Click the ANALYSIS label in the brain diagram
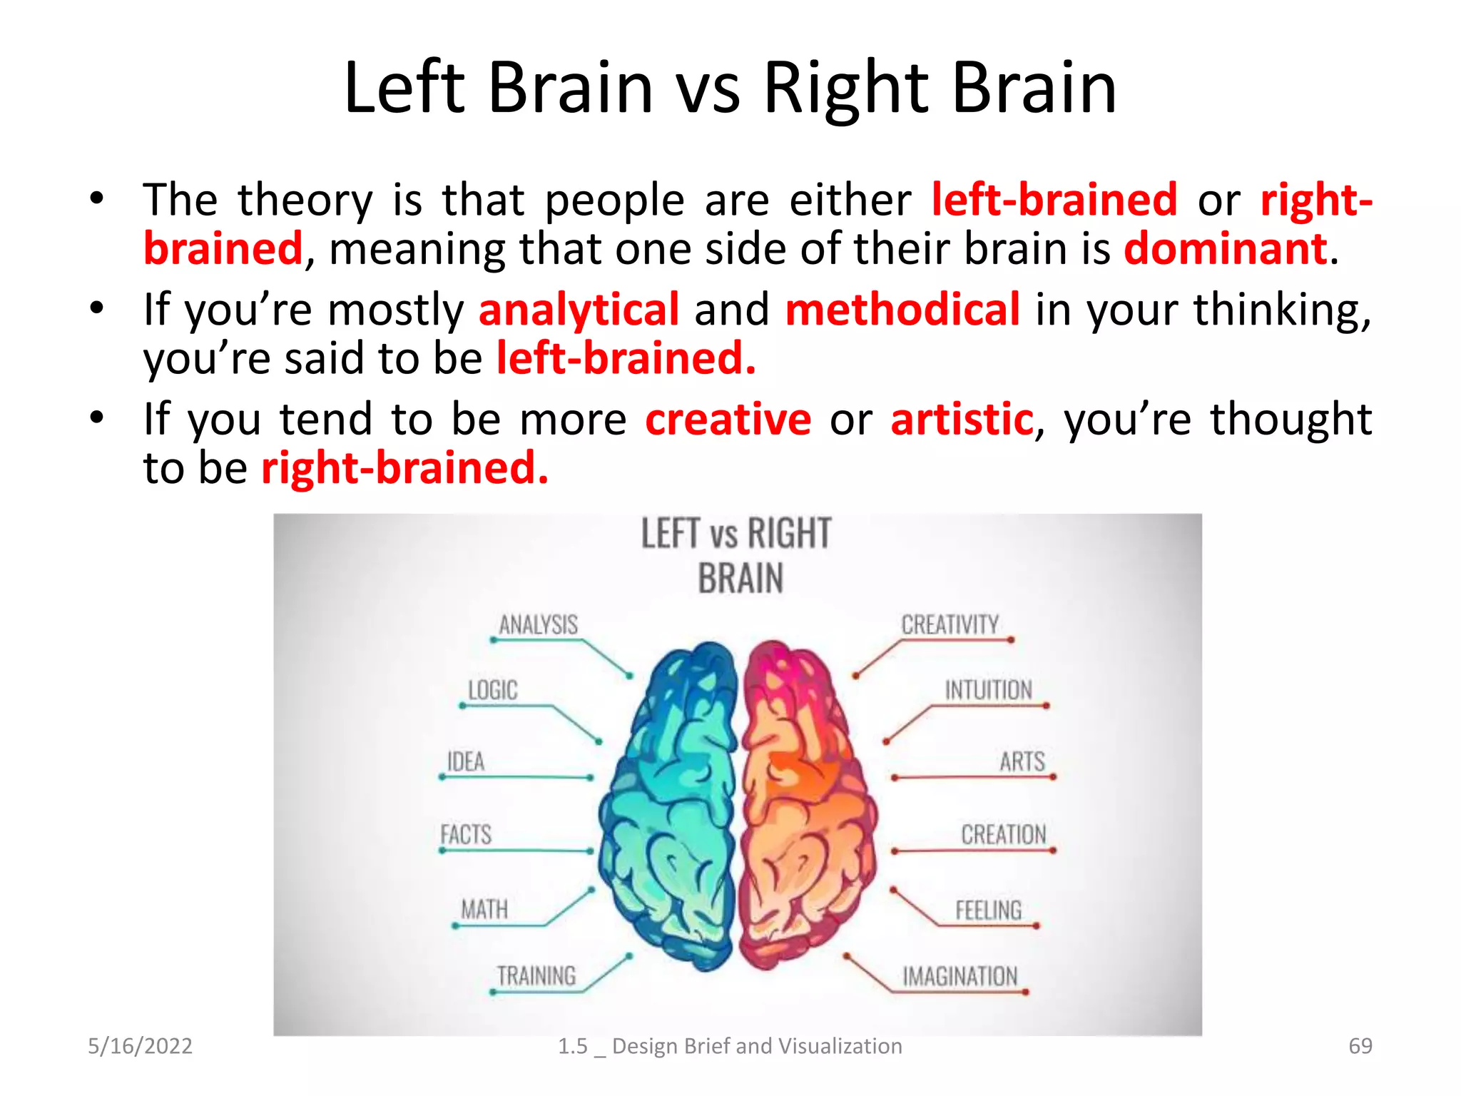pyautogui.click(x=538, y=625)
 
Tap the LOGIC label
pyautogui.click(x=492, y=690)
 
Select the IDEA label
pyautogui.click(x=465, y=761)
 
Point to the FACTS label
pyautogui.click(x=465, y=834)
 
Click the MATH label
pyautogui.click(x=484, y=909)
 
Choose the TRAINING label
pyautogui.click(x=536, y=975)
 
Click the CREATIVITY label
pyautogui.click(x=950, y=625)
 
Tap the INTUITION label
pyautogui.click(x=988, y=690)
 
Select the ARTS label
pyautogui.click(x=1022, y=761)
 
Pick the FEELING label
pyautogui.click(x=988, y=910)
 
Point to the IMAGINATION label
pyautogui.click(x=959, y=976)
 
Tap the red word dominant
pyautogui.click(x=1226, y=248)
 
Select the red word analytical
pyautogui.click(x=579, y=310)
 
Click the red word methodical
pyautogui.click(x=902, y=310)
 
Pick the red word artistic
pyautogui.click(x=962, y=419)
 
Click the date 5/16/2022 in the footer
pyautogui.click(x=140, y=1046)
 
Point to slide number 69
pyautogui.click(x=1360, y=1046)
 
